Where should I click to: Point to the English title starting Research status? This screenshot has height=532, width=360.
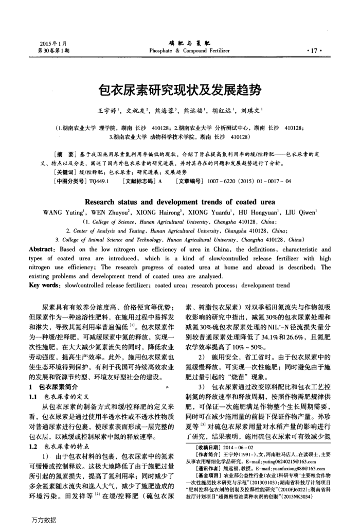[179, 201]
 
